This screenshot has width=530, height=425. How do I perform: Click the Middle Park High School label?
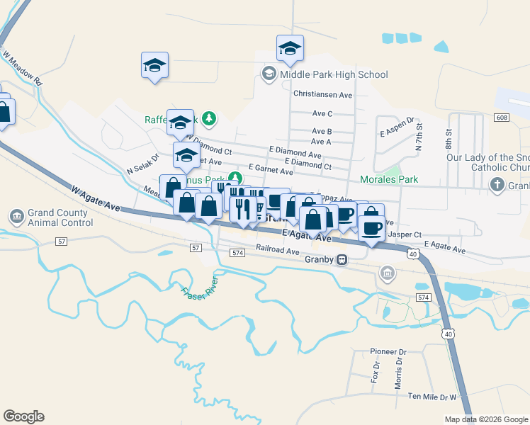334,74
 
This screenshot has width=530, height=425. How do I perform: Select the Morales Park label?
389,180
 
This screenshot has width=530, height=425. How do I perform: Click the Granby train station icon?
342,260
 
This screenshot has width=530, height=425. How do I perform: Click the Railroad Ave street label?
278,250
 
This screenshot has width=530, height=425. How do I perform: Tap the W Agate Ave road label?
96,199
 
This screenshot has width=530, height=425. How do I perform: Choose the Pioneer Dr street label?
388,351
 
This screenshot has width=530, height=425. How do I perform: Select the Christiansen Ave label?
322,94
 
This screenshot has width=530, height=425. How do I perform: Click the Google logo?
23,416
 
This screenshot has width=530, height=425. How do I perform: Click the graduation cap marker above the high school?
290,48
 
